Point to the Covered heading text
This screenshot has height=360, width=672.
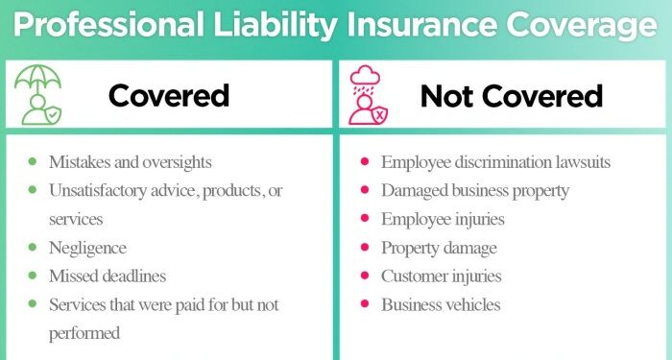click(x=168, y=96)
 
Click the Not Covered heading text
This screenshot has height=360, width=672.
click(x=512, y=96)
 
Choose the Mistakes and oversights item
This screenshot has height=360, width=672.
click(x=131, y=161)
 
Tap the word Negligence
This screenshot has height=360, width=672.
click(x=87, y=248)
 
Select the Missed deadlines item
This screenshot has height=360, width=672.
click(x=108, y=276)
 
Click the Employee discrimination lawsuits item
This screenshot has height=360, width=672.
click(x=495, y=161)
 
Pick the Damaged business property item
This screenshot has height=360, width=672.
click(x=475, y=190)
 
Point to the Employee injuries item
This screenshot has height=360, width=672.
click(x=443, y=219)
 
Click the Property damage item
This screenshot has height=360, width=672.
click(x=439, y=248)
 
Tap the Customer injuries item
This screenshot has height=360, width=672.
click(x=441, y=276)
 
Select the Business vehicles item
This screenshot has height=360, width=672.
click(x=440, y=305)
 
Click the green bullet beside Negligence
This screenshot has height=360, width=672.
click(x=33, y=248)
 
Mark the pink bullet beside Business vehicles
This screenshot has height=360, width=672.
click(x=365, y=305)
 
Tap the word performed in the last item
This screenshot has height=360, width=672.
click(x=84, y=333)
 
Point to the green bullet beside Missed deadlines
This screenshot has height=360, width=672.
click(x=33, y=276)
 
